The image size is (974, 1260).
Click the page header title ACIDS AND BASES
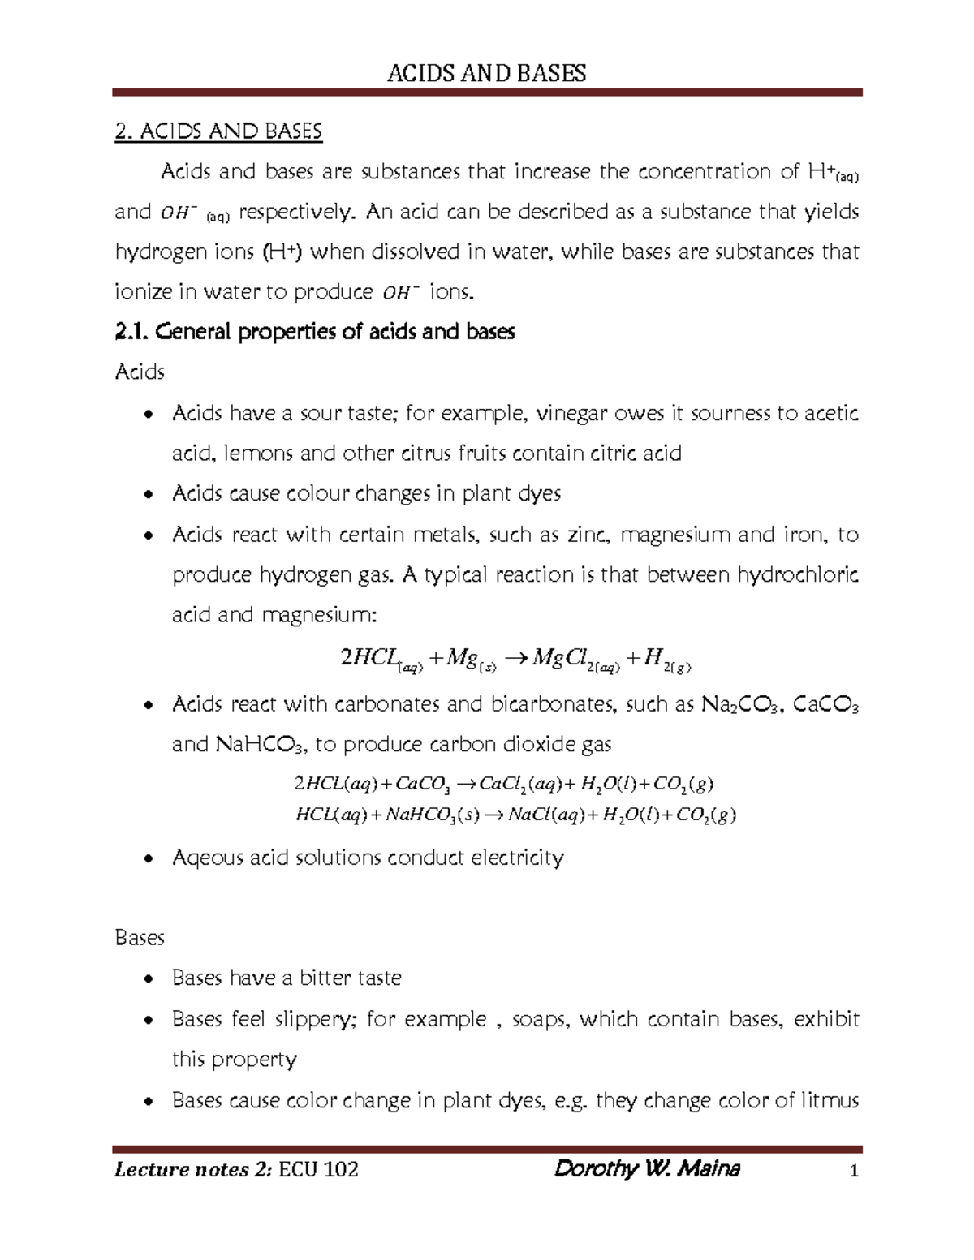click(486, 74)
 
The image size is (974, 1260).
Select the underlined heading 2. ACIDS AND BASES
click(219, 131)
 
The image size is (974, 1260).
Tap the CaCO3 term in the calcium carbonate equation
click(423, 785)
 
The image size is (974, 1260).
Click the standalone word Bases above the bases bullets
click(140, 938)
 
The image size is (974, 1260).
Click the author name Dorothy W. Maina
click(646, 1169)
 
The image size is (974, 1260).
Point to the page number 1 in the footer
click(853, 1171)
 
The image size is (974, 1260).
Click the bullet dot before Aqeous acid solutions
click(146, 858)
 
